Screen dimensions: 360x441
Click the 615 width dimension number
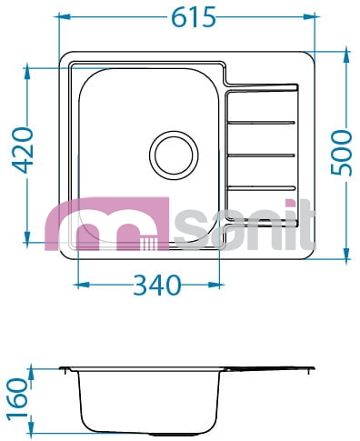(194, 17)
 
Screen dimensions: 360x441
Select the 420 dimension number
(22, 150)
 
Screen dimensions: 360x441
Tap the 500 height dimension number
(342, 153)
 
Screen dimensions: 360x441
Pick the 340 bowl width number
(156, 286)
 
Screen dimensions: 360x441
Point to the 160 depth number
(17, 399)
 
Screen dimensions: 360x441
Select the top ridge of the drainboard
(261, 123)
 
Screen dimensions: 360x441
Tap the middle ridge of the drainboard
(261, 155)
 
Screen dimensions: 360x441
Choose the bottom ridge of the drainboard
(261, 188)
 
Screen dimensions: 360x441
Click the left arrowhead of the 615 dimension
(65, 16)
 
